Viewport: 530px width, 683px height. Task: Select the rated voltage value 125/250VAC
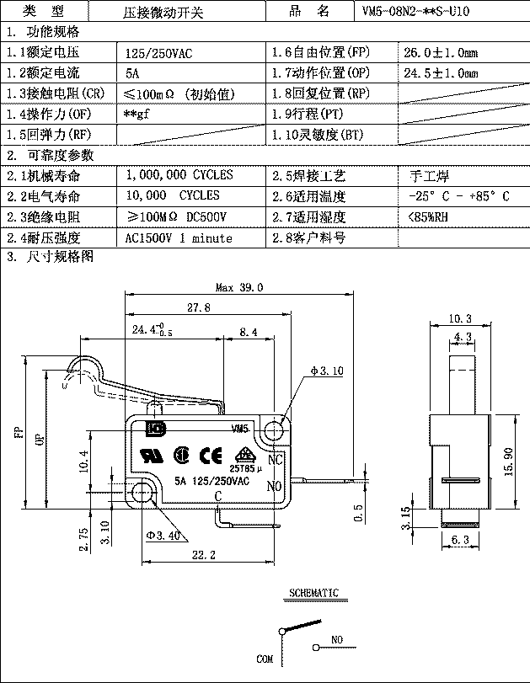[x=158, y=53]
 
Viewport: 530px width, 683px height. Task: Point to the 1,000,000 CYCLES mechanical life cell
[x=179, y=175]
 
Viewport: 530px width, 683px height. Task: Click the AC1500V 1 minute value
[x=178, y=238]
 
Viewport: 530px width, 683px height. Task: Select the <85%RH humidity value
[x=429, y=217]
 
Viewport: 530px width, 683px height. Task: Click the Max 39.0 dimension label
[x=239, y=287]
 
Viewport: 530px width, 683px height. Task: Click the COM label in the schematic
[x=265, y=659]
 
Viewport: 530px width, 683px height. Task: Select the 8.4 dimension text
[x=249, y=333]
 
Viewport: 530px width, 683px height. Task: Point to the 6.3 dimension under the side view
[x=460, y=540]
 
